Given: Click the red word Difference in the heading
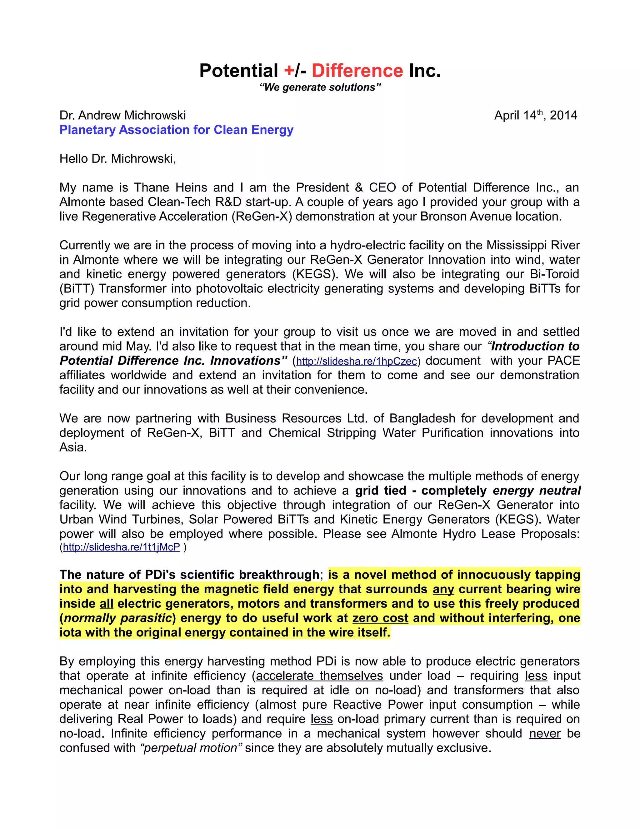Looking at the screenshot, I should [x=357, y=71].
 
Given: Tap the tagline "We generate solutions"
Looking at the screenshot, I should [x=320, y=87].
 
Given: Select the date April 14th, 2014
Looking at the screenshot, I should [x=535, y=115].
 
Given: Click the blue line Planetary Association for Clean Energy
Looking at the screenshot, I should [x=176, y=130].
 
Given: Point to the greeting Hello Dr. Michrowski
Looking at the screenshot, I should [x=118, y=158].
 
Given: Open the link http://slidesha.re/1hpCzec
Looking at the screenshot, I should [x=356, y=361].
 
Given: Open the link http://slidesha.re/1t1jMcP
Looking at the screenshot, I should [x=121, y=547].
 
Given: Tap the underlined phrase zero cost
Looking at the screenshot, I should [x=380, y=618].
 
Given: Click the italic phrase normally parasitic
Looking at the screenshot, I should [x=118, y=618].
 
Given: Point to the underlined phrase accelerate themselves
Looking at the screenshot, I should [x=320, y=676].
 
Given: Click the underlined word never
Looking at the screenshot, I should [x=544, y=733].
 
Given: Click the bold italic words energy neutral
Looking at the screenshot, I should [x=537, y=491].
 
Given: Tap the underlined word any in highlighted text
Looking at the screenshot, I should [x=443, y=589].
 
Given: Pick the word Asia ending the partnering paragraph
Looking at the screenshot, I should [x=73, y=447].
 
